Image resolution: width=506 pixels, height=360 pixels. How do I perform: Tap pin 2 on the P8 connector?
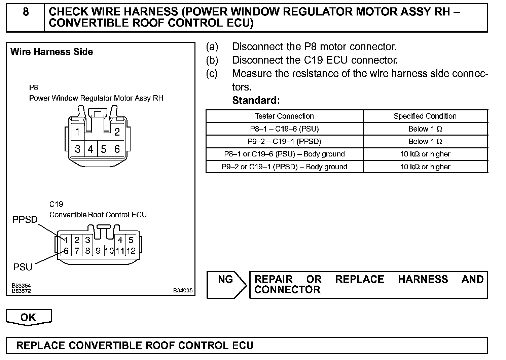tap(117, 132)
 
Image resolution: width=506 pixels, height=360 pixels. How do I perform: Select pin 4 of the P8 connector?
tap(91, 149)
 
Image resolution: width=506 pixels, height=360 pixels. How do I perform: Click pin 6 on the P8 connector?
tap(117, 149)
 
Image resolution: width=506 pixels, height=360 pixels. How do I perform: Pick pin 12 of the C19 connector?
tap(131, 251)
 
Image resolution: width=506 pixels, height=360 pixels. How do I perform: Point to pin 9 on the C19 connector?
tap(98, 251)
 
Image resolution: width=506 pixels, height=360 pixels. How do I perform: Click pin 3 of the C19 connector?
tap(87, 240)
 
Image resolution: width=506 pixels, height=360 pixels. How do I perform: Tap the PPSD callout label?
tap(25, 220)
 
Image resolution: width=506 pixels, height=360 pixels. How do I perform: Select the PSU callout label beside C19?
tap(23, 267)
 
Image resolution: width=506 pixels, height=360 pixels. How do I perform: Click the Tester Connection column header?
tap(284, 116)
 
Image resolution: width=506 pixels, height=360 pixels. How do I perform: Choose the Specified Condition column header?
tap(425, 116)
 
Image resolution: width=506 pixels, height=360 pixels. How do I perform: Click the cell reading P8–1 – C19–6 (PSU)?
tap(284, 129)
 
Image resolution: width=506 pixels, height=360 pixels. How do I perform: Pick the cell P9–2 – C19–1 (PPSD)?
tap(284, 141)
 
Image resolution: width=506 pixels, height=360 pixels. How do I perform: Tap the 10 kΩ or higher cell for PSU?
tap(425, 154)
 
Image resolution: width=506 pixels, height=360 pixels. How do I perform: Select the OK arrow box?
tap(29, 317)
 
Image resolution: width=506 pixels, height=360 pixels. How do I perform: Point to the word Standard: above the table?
tap(256, 100)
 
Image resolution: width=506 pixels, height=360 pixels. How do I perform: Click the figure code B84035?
tap(183, 290)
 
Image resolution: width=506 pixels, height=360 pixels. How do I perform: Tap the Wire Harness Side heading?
tap(52, 52)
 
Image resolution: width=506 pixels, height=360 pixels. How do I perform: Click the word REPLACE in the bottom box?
tap(40, 346)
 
